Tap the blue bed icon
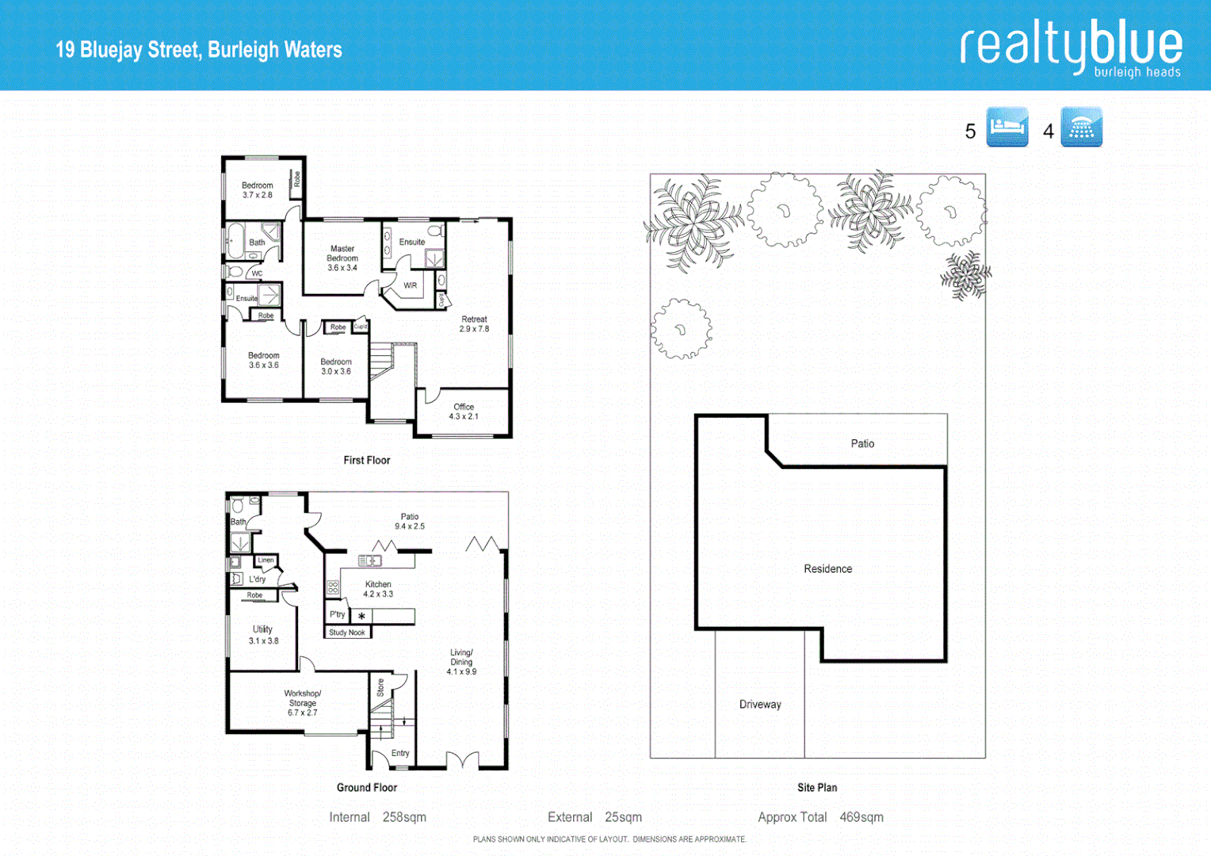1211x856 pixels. click(x=1007, y=127)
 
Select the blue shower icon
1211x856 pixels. click(x=1081, y=127)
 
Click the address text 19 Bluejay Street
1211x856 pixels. click(x=198, y=50)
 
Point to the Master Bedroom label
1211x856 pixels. click(x=342, y=258)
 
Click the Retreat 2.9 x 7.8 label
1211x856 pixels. click(x=474, y=324)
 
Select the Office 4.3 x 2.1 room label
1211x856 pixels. click(x=464, y=411)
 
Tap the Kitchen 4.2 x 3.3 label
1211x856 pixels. click(x=378, y=589)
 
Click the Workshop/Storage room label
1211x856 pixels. click(x=302, y=702)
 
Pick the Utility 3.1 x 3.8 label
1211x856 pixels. click(x=263, y=635)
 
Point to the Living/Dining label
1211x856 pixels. click(x=461, y=662)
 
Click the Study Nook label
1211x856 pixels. click(x=347, y=632)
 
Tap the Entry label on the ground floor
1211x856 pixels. click(x=400, y=753)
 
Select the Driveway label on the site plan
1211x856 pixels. click(x=760, y=705)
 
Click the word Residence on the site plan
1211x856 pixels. click(x=827, y=569)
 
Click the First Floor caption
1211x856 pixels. click(x=366, y=460)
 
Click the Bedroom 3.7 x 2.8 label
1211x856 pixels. click(x=258, y=190)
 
